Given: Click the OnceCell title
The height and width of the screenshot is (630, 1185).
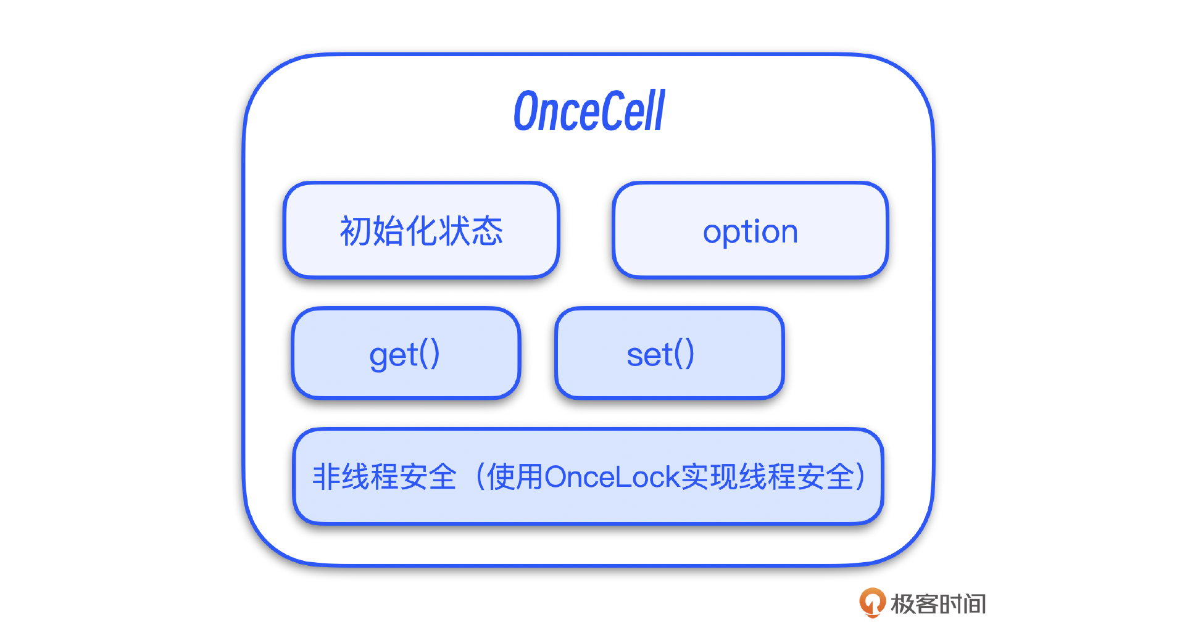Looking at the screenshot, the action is pyautogui.click(x=589, y=110).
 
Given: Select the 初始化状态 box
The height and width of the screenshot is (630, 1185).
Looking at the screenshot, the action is pyautogui.click(x=422, y=230).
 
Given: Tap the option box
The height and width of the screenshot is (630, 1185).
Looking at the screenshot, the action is pyautogui.click(x=750, y=230).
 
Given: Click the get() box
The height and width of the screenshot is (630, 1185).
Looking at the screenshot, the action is pyautogui.click(x=406, y=353).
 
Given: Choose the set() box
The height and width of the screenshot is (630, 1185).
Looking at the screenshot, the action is pyautogui.click(x=670, y=353).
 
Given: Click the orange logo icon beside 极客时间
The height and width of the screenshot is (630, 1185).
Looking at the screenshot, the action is pyautogui.click(x=872, y=603).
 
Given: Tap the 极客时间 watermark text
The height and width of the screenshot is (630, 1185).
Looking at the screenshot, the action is pyautogui.click(x=938, y=604).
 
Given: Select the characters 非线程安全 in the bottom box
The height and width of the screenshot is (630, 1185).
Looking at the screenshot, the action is pyautogui.click(x=384, y=477).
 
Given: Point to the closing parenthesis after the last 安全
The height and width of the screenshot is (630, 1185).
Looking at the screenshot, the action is pyautogui.click(x=862, y=477).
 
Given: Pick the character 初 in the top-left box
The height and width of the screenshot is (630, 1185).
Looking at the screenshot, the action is pyautogui.click(x=355, y=231).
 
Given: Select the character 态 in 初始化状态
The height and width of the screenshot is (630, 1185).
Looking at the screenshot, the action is pyautogui.click(x=488, y=231).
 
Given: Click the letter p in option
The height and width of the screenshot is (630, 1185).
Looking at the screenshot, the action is pyautogui.click(x=730, y=234).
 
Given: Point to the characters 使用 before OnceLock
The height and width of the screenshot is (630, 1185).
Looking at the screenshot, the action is pyautogui.click(x=515, y=477).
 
